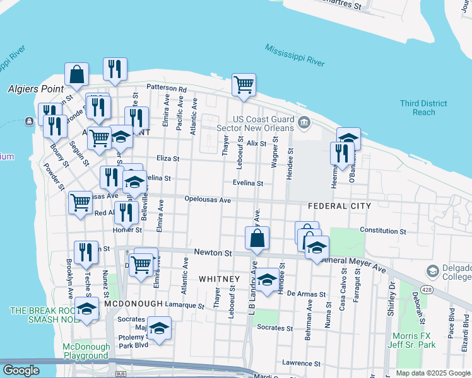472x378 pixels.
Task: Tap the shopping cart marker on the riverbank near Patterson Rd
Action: pyautogui.click(x=244, y=84)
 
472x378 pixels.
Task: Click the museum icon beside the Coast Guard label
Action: pyautogui.click(x=304, y=122)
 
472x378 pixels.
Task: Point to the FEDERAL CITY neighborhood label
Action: pyautogui.click(x=338, y=206)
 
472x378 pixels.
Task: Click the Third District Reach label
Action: pyautogui.click(x=423, y=108)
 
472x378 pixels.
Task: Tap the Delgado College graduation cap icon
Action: pyautogui.click(x=433, y=272)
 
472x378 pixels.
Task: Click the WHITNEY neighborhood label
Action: pyautogui.click(x=219, y=278)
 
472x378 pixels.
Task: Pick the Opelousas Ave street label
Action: pyautogui.click(x=208, y=200)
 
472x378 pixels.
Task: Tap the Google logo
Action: pyautogui.click(x=21, y=370)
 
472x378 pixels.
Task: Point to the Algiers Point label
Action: pyautogui.click(x=37, y=89)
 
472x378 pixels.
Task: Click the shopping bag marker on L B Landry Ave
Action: pyautogui.click(x=257, y=238)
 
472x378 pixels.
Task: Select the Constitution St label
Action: pyautogui.click(x=382, y=231)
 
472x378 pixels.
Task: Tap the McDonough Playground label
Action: pyautogui.click(x=86, y=351)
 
